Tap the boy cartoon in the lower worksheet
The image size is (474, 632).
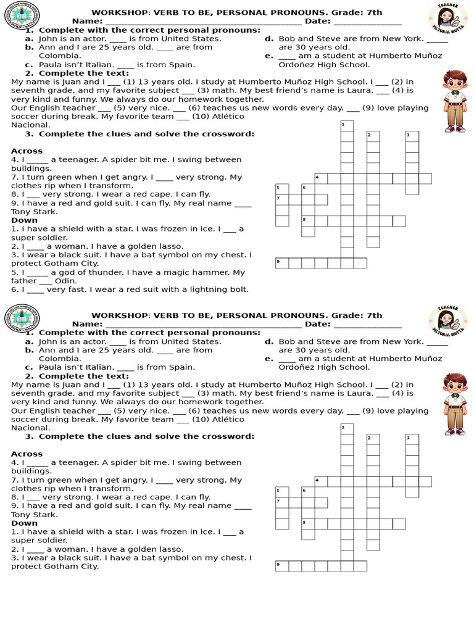[455, 404]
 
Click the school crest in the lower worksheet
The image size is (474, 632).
[22, 320]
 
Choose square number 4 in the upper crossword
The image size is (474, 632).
[321, 179]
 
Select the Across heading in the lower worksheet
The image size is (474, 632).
[27, 454]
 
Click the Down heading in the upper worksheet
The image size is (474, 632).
[24, 220]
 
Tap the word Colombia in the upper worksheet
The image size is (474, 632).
[60, 56]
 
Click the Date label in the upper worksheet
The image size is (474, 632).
[317, 21]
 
